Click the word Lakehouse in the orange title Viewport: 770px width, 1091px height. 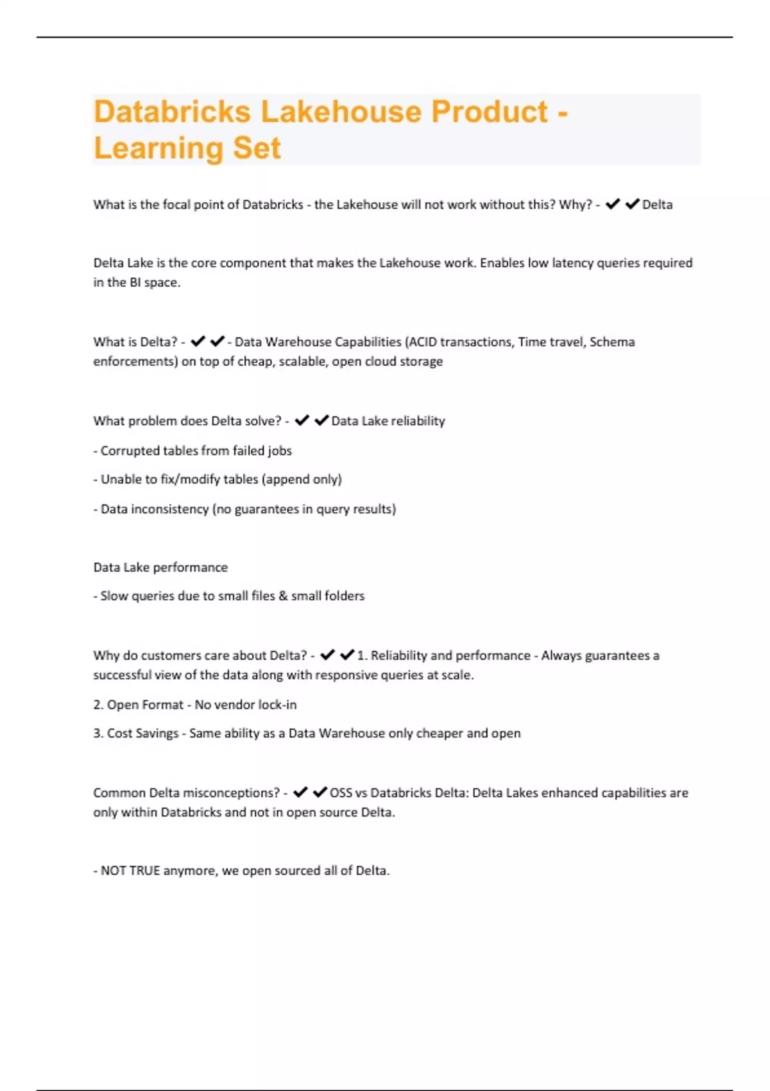(340, 112)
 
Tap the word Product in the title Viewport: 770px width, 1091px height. (489, 112)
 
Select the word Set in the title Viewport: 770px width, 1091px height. (257, 148)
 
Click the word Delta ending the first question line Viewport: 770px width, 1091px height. (657, 205)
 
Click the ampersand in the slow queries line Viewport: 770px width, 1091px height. (283, 596)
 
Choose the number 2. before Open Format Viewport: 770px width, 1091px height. (98, 705)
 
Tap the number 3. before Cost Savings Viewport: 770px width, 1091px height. (98, 734)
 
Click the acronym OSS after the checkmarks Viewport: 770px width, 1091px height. (341, 793)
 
